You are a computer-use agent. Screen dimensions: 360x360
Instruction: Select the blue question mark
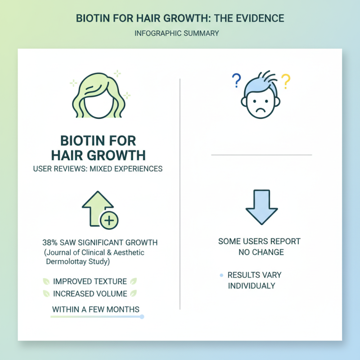[x=235, y=81]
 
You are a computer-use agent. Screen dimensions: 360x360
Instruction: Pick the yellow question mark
[x=285, y=81]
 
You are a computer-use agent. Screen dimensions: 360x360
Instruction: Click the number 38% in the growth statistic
[x=50, y=243]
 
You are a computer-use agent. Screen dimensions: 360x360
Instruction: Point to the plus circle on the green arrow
[x=110, y=220]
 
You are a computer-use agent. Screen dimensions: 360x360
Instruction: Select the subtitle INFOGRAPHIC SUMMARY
[x=180, y=34]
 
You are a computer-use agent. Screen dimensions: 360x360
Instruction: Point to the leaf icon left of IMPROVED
[x=46, y=282]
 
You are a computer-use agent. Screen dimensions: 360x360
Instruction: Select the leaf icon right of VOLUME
[x=133, y=294]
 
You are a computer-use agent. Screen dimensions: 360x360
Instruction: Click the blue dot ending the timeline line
[x=142, y=317]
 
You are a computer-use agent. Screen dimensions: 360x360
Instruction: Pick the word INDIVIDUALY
[x=251, y=286]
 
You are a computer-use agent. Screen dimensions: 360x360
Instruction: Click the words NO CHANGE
[x=261, y=252]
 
